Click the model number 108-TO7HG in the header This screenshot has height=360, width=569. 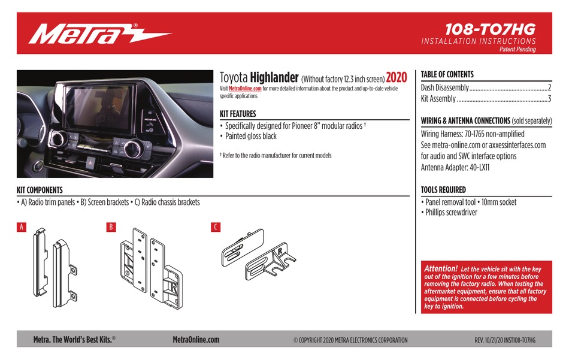(x=491, y=29)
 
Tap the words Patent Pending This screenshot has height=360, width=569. (x=517, y=50)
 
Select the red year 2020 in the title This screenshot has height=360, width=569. (x=396, y=78)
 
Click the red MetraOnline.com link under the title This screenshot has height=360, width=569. (x=245, y=89)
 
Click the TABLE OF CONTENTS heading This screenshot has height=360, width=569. (x=447, y=74)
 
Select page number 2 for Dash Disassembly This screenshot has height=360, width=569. (x=549, y=88)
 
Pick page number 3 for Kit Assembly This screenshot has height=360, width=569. (x=549, y=99)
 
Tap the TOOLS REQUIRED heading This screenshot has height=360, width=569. (x=443, y=190)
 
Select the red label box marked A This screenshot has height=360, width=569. (x=22, y=227)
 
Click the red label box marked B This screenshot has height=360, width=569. (x=111, y=227)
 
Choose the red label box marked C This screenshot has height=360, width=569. (x=216, y=227)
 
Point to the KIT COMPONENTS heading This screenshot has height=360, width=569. (x=40, y=190)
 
